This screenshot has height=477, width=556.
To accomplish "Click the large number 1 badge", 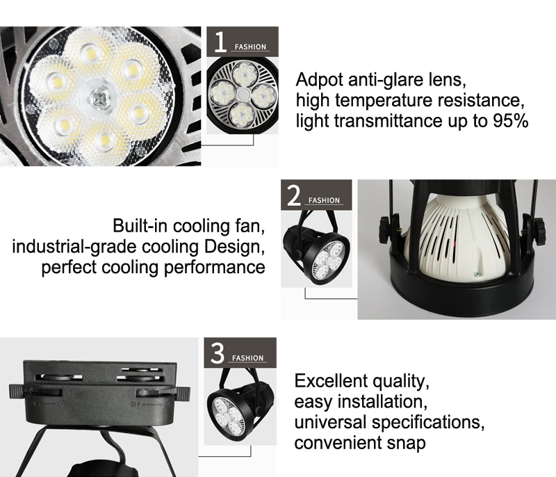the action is pyautogui.click(x=220, y=42).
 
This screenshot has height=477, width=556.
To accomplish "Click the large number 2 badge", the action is pyautogui.click(x=293, y=195).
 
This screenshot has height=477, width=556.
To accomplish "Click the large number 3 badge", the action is pyautogui.click(x=218, y=353).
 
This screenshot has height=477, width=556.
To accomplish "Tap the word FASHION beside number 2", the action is pyautogui.click(x=324, y=200).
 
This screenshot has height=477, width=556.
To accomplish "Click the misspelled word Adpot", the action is pyautogui.click(x=319, y=80).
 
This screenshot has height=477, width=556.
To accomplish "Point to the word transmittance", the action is pyautogui.click(x=389, y=121).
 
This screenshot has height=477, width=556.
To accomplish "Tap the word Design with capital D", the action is pyautogui.click(x=234, y=247).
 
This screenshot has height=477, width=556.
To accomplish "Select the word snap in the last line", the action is pyautogui.click(x=406, y=443).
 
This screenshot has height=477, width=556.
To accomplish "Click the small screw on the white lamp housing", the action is pyautogui.click(x=477, y=274).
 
